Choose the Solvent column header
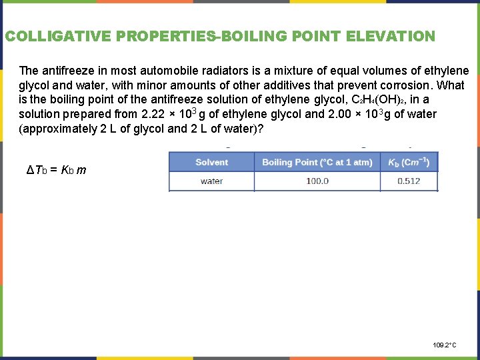tap(211, 162)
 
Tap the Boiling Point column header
tap(317, 162)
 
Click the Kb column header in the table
tap(409, 162)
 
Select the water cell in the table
tap(211, 181)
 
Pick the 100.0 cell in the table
tap(317, 181)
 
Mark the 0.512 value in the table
tap(409, 181)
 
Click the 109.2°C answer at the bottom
tap(445, 345)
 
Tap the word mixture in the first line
tap(311, 71)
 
